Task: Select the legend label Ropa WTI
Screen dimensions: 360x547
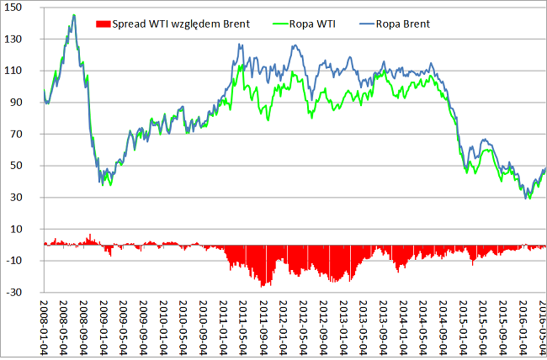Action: click(311, 24)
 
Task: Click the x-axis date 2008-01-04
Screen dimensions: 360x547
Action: click(46, 323)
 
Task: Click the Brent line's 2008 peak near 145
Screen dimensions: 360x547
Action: click(73, 15)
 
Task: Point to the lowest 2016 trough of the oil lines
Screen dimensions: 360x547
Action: click(528, 198)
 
